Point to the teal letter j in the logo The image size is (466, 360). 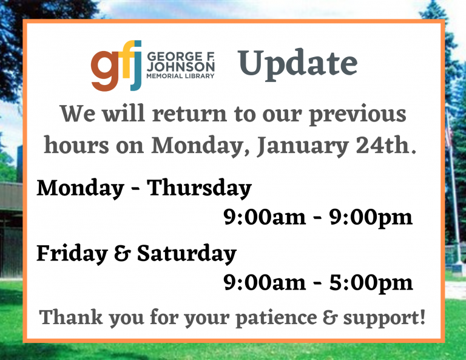click(x=137, y=64)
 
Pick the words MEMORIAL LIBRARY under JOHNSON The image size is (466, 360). click(x=180, y=76)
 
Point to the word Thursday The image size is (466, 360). click(x=200, y=189)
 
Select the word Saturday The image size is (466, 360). click(x=186, y=254)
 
